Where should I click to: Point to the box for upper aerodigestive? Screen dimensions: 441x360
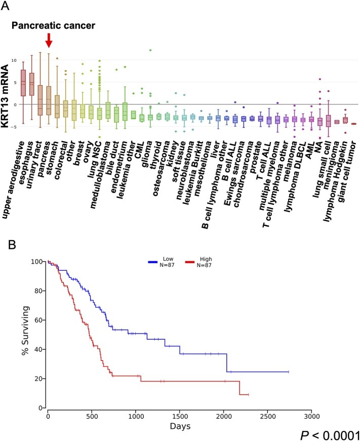[x=23, y=83]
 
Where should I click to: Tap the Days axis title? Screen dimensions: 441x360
[x=180, y=426]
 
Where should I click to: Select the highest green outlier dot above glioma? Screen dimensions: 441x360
[x=150, y=50]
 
